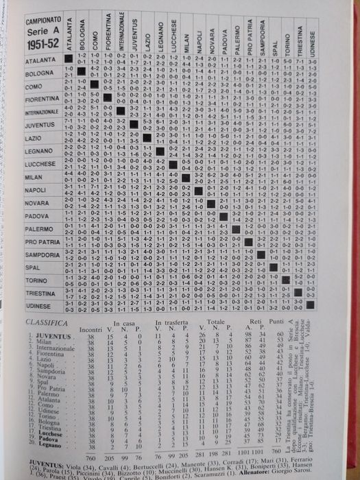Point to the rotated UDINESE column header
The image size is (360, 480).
[x=311, y=34]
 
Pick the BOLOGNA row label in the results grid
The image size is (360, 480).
[x=43, y=73]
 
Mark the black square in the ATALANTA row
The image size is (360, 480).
[x=69, y=60]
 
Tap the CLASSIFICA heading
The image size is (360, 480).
[x=46, y=322]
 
